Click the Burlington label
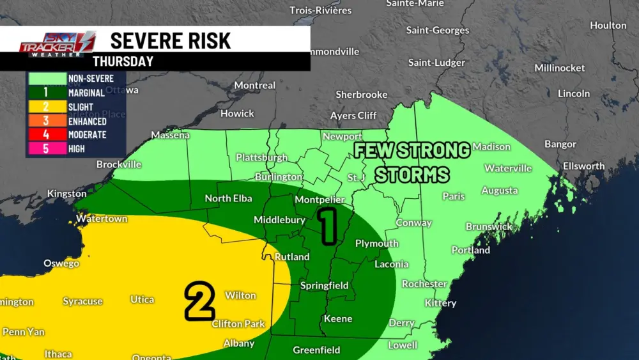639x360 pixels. coord(278,176)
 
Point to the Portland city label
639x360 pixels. coord(470,250)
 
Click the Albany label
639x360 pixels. coord(239,343)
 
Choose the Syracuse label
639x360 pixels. coord(82,301)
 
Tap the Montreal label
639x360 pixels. coord(255,85)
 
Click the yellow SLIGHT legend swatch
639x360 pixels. coord(46,107)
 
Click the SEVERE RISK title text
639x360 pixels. coord(171,40)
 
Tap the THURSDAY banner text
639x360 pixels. coord(123,61)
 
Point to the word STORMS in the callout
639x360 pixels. coord(412,175)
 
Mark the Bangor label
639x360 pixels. coord(560,145)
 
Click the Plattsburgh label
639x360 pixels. coord(261,157)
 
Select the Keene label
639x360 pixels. coord(338,318)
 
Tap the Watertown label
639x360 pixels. coord(102,219)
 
